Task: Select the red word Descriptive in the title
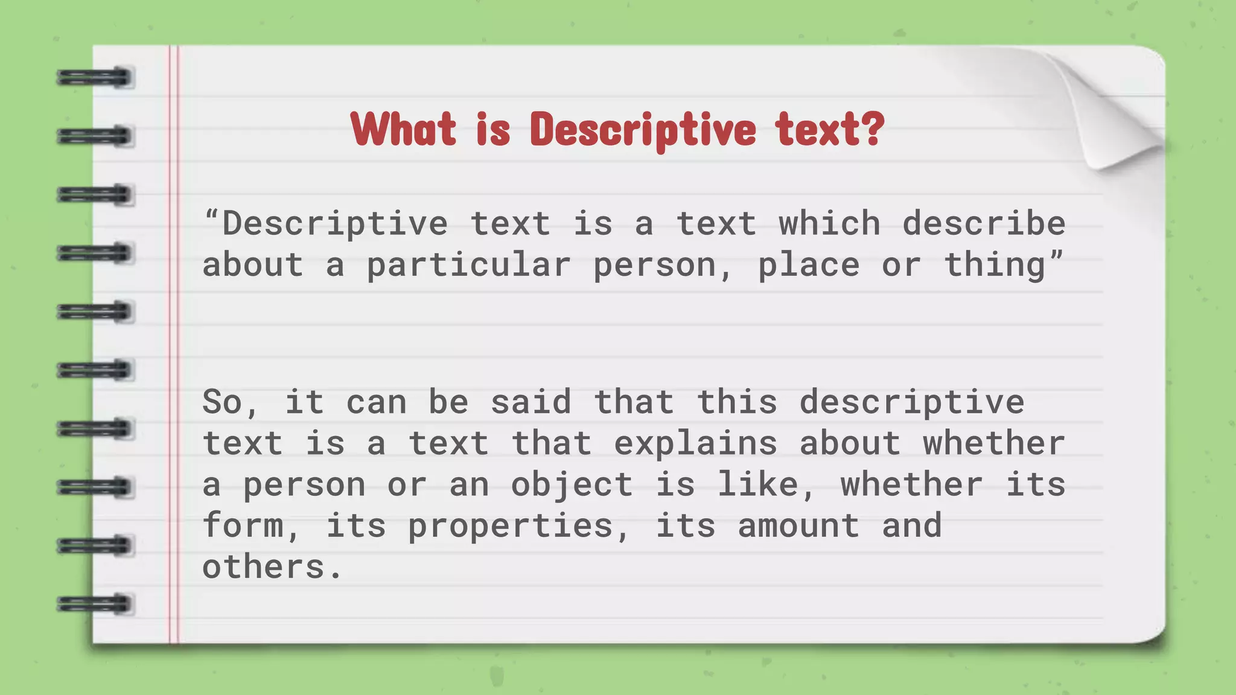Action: click(643, 130)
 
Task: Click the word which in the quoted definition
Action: click(829, 224)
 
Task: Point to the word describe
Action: click(984, 224)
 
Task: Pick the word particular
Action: click(468, 265)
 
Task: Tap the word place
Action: click(808, 265)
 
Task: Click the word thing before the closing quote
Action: click(994, 265)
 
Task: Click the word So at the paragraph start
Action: click(223, 402)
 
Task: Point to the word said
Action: click(530, 402)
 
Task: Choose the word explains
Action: click(695, 443)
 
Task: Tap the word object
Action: click(572, 485)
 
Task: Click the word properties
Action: click(511, 526)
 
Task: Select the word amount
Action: click(798, 526)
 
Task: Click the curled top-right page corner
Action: click(1117, 115)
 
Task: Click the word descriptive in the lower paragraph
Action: click(911, 402)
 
